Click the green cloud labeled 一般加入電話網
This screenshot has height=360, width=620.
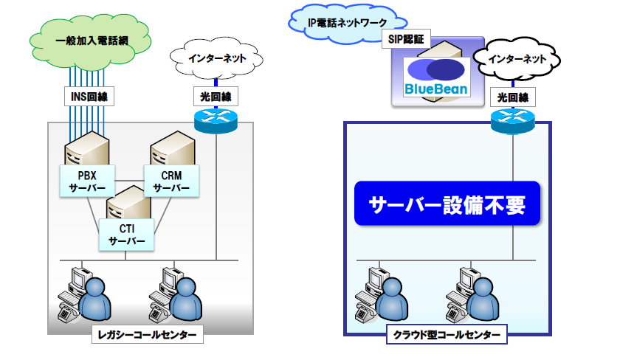coord(91,41)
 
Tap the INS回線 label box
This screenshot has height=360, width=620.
coord(89,97)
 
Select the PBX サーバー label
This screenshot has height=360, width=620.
coord(87,181)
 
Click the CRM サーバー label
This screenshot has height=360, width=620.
coord(171,181)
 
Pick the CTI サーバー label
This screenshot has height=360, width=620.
coord(126,235)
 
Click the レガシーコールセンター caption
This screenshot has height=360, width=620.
coord(148,334)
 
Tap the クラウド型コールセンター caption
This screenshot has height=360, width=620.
coord(447,335)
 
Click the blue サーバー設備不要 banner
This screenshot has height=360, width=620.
coord(447,204)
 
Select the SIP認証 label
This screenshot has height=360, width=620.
coord(406,38)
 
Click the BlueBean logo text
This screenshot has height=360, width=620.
coord(436,89)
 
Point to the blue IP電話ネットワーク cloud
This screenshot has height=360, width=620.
coord(346,23)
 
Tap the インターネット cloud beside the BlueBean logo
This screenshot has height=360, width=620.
coord(517,59)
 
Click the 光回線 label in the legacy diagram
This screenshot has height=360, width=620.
coord(216,97)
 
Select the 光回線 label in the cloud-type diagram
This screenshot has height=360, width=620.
coord(513,97)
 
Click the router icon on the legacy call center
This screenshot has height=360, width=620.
coord(216,120)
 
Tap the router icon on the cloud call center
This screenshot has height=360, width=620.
coord(512,121)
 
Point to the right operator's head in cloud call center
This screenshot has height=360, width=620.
coord(483,288)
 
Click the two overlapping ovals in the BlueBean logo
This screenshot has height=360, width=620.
coord(435,70)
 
